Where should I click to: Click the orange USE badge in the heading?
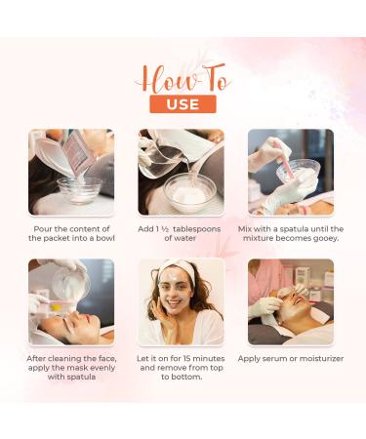point(183,102)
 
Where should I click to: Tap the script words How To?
point(183,78)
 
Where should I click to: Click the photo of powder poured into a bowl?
point(71,172)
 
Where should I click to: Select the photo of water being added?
point(182,172)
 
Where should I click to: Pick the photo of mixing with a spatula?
point(291,172)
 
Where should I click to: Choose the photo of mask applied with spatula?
point(71,301)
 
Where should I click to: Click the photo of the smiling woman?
point(182,301)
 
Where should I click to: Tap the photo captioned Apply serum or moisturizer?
point(291,301)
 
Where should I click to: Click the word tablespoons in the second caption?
point(197,228)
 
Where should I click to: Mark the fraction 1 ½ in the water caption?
point(161,228)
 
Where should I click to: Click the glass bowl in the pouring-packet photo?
point(78,187)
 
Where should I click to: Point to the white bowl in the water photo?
point(190,190)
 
